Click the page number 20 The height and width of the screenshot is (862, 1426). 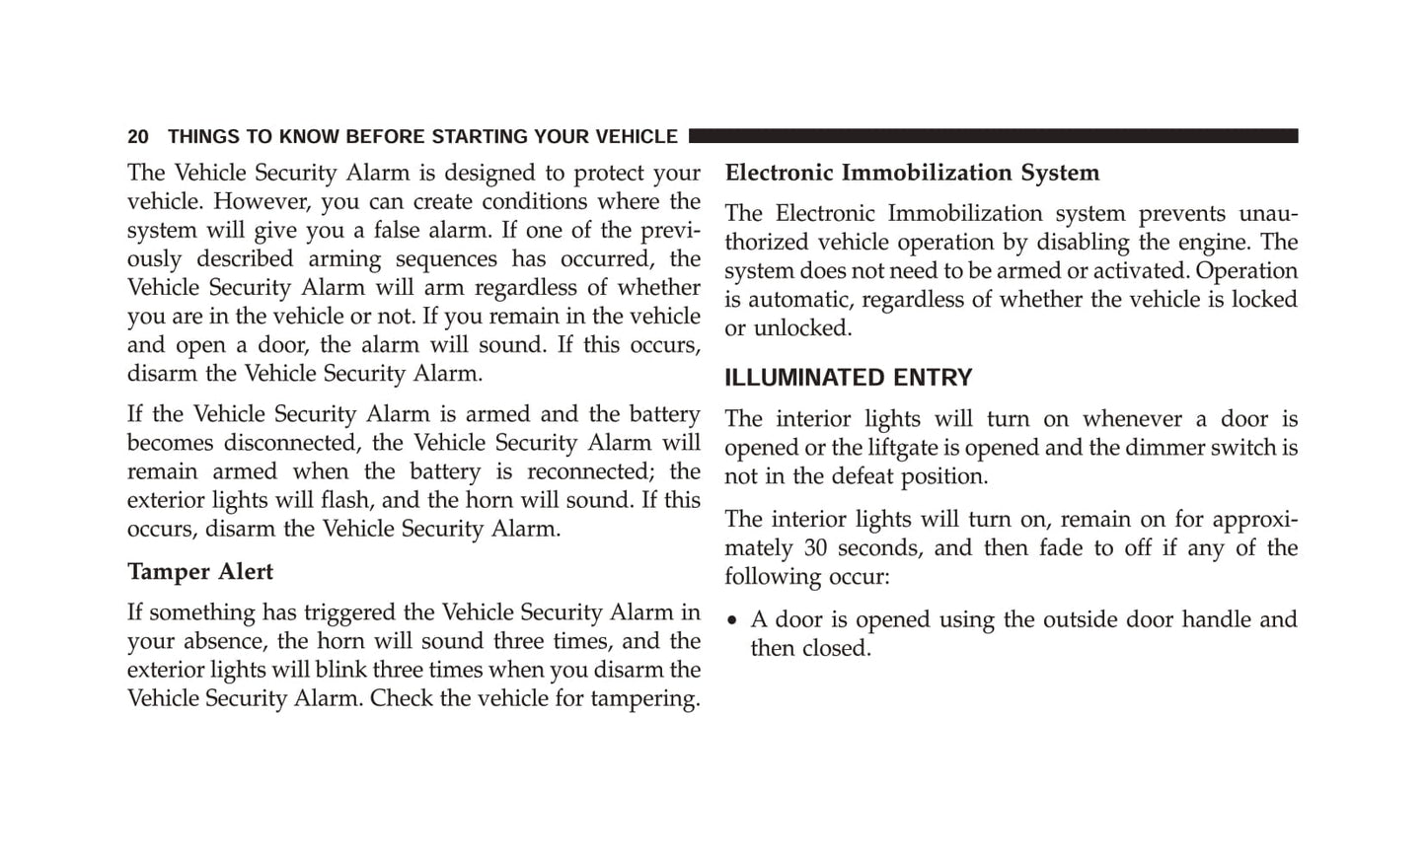(x=138, y=137)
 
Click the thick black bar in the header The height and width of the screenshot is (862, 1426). (x=993, y=136)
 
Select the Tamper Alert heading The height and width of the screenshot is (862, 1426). (x=200, y=572)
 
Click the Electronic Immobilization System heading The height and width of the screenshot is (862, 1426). (x=912, y=173)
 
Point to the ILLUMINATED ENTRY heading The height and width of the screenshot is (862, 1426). (x=848, y=378)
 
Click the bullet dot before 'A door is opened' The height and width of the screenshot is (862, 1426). (x=732, y=621)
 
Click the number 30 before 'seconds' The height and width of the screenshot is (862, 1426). (x=815, y=548)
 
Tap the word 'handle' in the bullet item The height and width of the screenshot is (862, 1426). (x=1215, y=619)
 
